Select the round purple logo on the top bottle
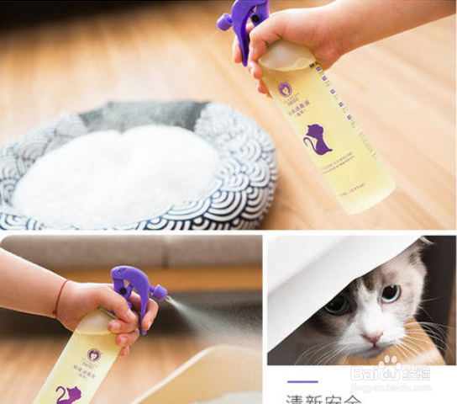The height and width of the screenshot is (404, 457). point(286,89)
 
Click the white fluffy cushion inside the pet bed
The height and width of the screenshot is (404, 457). point(118,174)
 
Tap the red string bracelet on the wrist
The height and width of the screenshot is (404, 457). point(60,296)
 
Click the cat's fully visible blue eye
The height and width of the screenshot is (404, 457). point(390,293)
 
